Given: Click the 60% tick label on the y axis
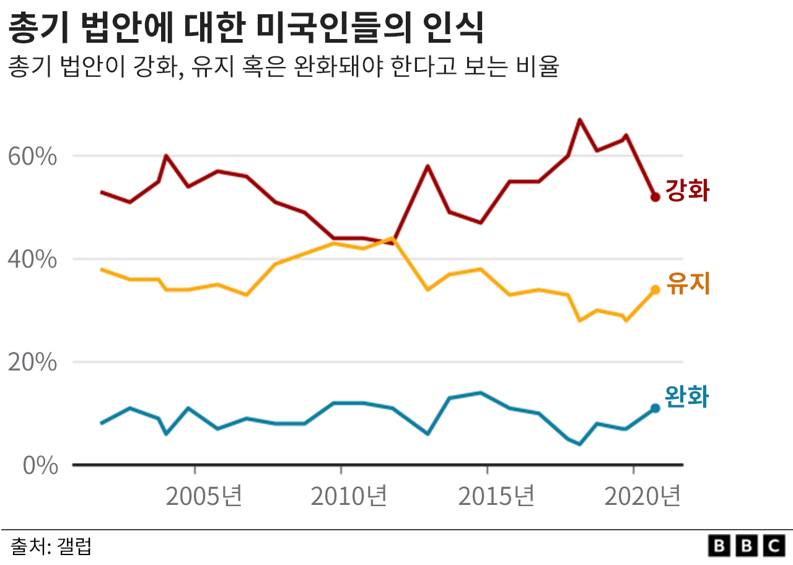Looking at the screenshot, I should (x=32, y=157).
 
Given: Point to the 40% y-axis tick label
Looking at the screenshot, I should (x=32, y=260).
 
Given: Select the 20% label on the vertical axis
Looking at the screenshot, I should (x=32, y=362).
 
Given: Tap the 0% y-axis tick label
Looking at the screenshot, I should (x=40, y=466).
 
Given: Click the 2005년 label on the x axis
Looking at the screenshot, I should (x=204, y=496).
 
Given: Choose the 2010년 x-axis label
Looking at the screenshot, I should (x=349, y=496).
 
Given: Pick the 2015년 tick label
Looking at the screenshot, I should (x=496, y=496).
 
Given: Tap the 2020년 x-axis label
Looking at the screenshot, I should (x=642, y=496).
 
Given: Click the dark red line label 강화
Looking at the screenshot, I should (x=687, y=191).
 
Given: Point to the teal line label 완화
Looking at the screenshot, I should (x=686, y=397).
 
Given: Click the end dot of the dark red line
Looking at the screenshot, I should (x=655, y=197).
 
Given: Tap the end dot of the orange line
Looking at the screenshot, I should (x=655, y=289).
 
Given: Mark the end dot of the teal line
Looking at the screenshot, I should (x=655, y=408).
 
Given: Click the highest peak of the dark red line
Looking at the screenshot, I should (x=579, y=120).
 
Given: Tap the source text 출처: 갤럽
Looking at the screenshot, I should (x=51, y=546).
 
